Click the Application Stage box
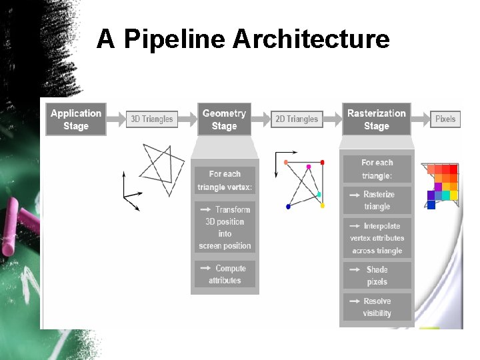(76, 119)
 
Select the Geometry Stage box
(224, 119)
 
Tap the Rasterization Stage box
(376, 119)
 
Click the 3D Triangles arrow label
(151, 119)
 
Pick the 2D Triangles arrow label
(297, 119)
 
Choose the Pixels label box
(445, 119)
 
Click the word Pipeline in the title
(175, 39)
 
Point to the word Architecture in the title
(311, 39)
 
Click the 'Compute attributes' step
(225, 274)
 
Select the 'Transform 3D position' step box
(225, 227)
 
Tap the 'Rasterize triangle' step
(377, 200)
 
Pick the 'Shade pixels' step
(377, 275)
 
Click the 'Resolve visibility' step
(377, 307)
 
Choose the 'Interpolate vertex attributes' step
(377, 238)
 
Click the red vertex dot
(323, 162)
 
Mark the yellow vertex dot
(323, 206)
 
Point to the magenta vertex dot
(308, 167)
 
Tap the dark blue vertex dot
(288, 207)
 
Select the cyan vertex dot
(319, 195)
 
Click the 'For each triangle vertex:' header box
(225, 181)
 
